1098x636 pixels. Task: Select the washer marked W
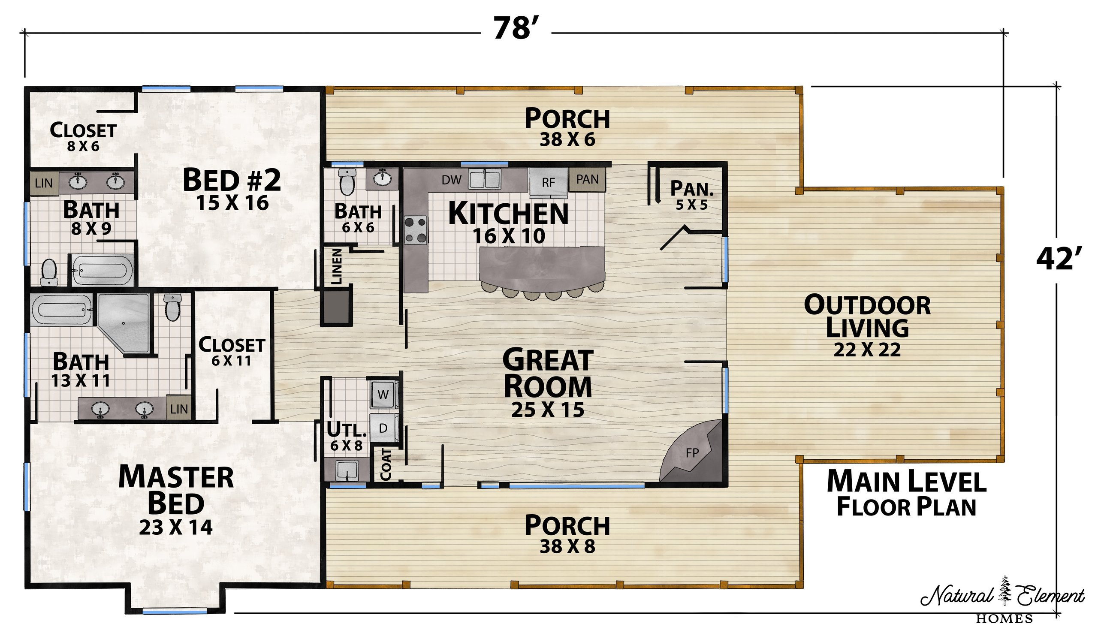pyautogui.click(x=383, y=394)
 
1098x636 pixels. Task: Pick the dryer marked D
pyautogui.click(x=383, y=428)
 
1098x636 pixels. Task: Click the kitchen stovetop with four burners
pyautogui.click(x=415, y=230)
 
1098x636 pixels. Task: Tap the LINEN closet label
pyautogui.click(x=337, y=266)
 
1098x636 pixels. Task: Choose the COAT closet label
pyautogui.click(x=386, y=464)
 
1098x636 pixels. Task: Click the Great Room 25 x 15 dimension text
pyautogui.click(x=548, y=410)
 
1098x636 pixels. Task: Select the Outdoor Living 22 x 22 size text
pyautogui.click(x=867, y=350)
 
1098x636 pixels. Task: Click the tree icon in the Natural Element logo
pyautogui.click(x=1005, y=590)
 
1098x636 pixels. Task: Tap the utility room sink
pyautogui.click(x=348, y=471)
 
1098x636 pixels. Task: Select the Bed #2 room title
pyautogui.click(x=232, y=180)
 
